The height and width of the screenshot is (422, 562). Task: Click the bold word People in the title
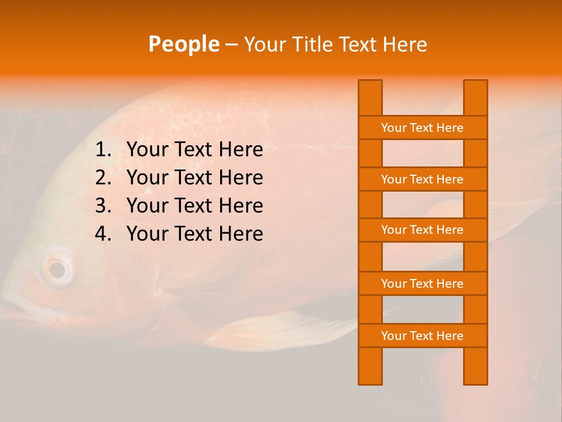tap(183, 44)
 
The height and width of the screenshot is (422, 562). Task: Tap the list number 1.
tap(102, 150)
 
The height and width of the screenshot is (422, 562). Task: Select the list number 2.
tap(102, 178)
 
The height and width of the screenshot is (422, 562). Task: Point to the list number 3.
tap(102, 206)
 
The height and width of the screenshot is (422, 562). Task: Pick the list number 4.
tap(102, 234)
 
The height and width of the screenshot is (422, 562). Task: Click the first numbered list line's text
tap(194, 150)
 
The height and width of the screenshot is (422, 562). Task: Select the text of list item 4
tap(194, 234)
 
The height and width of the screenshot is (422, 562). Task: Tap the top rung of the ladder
tap(422, 128)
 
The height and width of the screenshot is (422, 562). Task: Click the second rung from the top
tap(422, 179)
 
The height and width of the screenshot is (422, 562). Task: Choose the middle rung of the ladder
tap(422, 230)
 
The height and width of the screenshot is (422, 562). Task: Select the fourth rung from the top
tap(422, 284)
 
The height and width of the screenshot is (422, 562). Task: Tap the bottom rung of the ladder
tap(422, 336)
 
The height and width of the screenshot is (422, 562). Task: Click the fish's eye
tap(57, 270)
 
